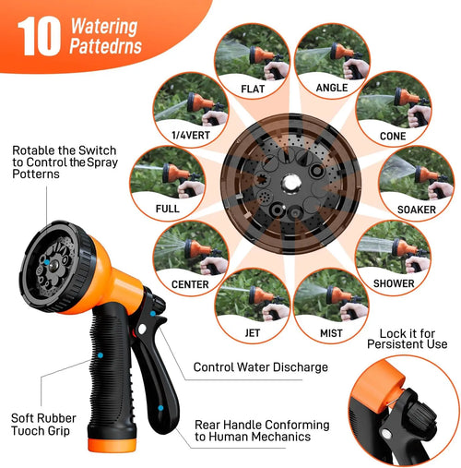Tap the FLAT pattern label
point(253,90)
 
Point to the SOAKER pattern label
point(417,210)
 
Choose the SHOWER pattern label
point(394,282)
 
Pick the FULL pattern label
point(167,208)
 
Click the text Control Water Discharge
point(260,367)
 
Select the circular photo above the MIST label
point(332,294)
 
